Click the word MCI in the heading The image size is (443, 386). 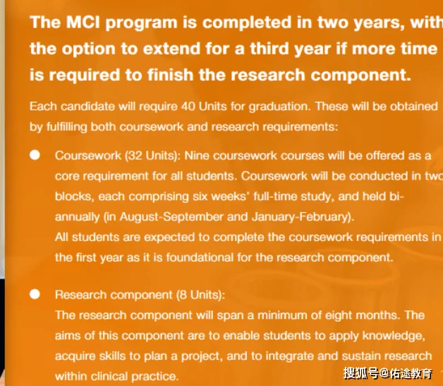pyautogui.click(x=83, y=22)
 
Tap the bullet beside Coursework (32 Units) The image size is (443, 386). pyautogui.click(x=35, y=155)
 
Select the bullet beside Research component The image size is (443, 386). pyautogui.click(x=35, y=294)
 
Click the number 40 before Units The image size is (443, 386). pyautogui.click(x=188, y=106)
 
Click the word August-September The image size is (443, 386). pyautogui.click(x=171, y=216)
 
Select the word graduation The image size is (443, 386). pyautogui.click(x=279, y=107)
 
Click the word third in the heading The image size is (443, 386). pyautogui.click(x=269, y=49)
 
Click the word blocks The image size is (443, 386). pyautogui.click(x=73, y=197)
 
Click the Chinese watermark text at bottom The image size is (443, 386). pyautogui.click(x=388, y=373)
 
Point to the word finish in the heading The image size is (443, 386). pyautogui.click(x=170, y=75)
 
